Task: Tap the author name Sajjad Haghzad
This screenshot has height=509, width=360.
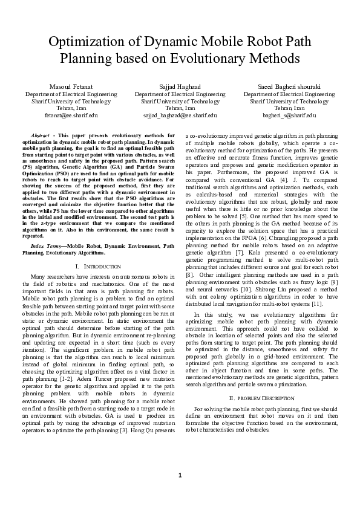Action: pyautogui.click(x=180, y=88)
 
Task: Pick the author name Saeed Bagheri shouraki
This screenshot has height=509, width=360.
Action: pyautogui.click(x=289, y=88)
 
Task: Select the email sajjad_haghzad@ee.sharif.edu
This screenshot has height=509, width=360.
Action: pyautogui.click(x=180, y=115)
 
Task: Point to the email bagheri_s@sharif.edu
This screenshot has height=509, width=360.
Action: pyautogui.click(x=289, y=115)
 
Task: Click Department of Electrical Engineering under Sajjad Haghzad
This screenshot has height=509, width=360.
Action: pyautogui.click(x=180, y=95)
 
